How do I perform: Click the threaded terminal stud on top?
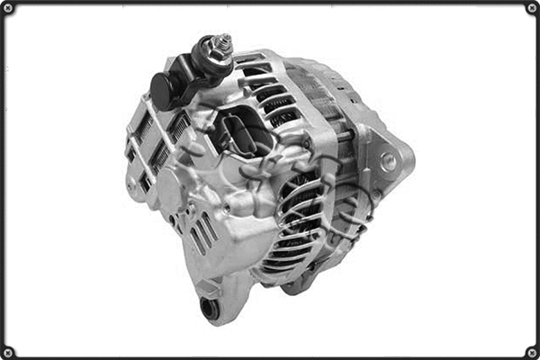pyautogui.click(x=221, y=43)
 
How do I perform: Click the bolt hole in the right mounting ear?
pyautogui.click(x=389, y=162)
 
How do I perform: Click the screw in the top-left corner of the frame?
pyautogui.click(x=8, y=8)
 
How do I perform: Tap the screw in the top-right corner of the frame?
pyautogui.click(x=531, y=8)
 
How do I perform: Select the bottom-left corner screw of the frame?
pyautogui.click(x=8, y=351)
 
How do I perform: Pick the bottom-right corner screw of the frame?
pyautogui.click(x=531, y=351)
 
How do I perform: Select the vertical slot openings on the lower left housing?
pyautogui.click(x=202, y=234)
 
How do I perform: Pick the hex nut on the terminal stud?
pyautogui.click(x=216, y=56)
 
